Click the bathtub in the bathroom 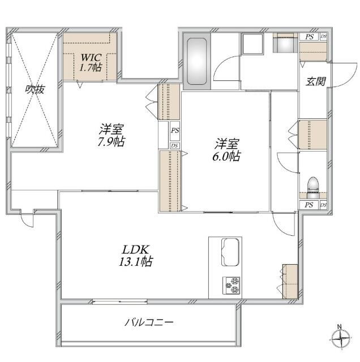pyautogui.click(x=196, y=62)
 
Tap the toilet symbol pyautogui.click(x=313, y=187)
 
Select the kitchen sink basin pyautogui.click(x=230, y=252)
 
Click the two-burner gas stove pyautogui.click(x=232, y=285)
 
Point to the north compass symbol pyautogui.click(x=340, y=338)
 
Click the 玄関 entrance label pyautogui.click(x=316, y=81)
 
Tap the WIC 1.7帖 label pyautogui.click(x=91, y=62)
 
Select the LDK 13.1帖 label pyautogui.click(x=136, y=255)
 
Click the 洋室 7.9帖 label pyautogui.click(x=111, y=135)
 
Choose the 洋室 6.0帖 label pyautogui.click(x=226, y=149)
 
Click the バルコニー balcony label pyautogui.click(x=149, y=322)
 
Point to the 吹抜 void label pyautogui.click(x=35, y=89)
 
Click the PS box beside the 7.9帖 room pyautogui.click(x=175, y=131)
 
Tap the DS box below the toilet pyautogui.click(x=324, y=205)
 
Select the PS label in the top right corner pyautogui.click(x=309, y=37)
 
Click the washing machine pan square pyautogui.click(x=252, y=44)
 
